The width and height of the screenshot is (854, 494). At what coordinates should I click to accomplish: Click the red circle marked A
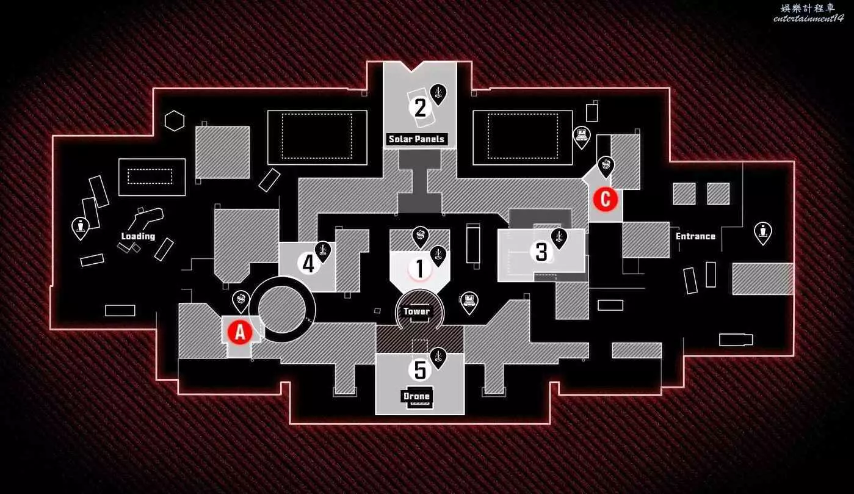tap(240, 332)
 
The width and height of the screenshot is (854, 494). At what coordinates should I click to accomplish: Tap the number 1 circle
tap(419, 268)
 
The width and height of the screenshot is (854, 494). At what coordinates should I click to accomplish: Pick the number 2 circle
tap(420, 108)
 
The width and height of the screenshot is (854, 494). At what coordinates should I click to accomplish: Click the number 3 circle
tap(541, 252)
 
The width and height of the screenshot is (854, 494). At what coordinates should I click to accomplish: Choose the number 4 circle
tap(309, 264)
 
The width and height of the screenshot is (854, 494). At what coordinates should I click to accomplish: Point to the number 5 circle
tap(420, 369)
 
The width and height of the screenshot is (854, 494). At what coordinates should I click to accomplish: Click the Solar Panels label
tap(417, 139)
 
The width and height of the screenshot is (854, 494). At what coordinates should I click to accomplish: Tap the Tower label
tap(416, 311)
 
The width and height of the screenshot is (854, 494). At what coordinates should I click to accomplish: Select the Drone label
tap(416, 396)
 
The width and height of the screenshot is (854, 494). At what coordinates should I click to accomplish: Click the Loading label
tap(138, 236)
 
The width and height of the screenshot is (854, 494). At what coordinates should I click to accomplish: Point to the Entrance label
tap(695, 236)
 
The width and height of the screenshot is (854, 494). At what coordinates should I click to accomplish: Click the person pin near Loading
tap(80, 228)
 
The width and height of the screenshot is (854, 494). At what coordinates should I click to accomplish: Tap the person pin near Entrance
tap(762, 232)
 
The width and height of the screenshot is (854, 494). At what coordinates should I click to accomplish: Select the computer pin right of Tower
tap(469, 301)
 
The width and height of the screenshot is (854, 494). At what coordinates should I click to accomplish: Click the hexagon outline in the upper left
tap(175, 120)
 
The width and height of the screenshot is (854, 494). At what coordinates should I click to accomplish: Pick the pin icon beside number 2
tap(438, 93)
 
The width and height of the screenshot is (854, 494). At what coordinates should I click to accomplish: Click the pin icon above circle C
tap(606, 165)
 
